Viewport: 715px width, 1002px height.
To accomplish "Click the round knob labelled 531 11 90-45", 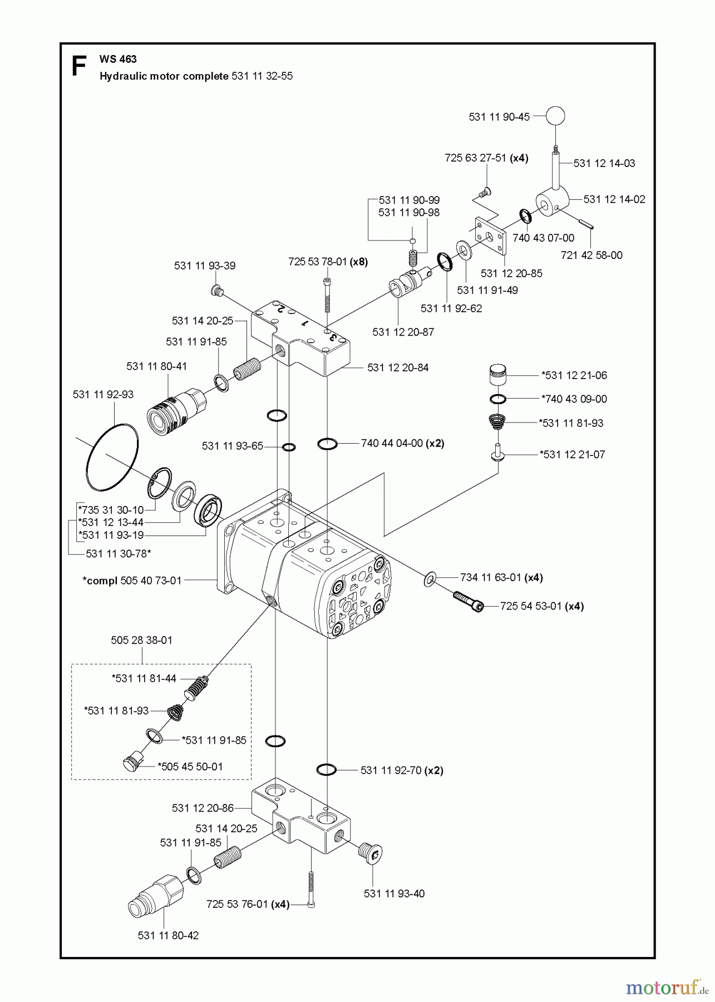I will pos(555,116).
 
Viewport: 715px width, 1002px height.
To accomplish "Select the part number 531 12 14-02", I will pos(614,199).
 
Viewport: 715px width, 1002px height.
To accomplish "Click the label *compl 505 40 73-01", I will pos(132,581).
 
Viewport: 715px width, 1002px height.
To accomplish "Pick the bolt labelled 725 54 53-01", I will pos(468,601).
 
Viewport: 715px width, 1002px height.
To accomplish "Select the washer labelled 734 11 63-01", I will pos(430,579).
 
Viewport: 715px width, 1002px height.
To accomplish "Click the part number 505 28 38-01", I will pos(141,640).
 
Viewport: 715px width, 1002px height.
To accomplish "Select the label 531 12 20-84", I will pos(398,368).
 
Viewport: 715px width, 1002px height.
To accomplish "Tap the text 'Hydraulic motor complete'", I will pos(164,76).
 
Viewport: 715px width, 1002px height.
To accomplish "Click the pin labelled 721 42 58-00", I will pos(585,224).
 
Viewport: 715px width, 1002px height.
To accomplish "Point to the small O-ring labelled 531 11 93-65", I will pos(289,446).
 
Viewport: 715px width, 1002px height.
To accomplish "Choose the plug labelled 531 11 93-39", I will pos(218,290).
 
